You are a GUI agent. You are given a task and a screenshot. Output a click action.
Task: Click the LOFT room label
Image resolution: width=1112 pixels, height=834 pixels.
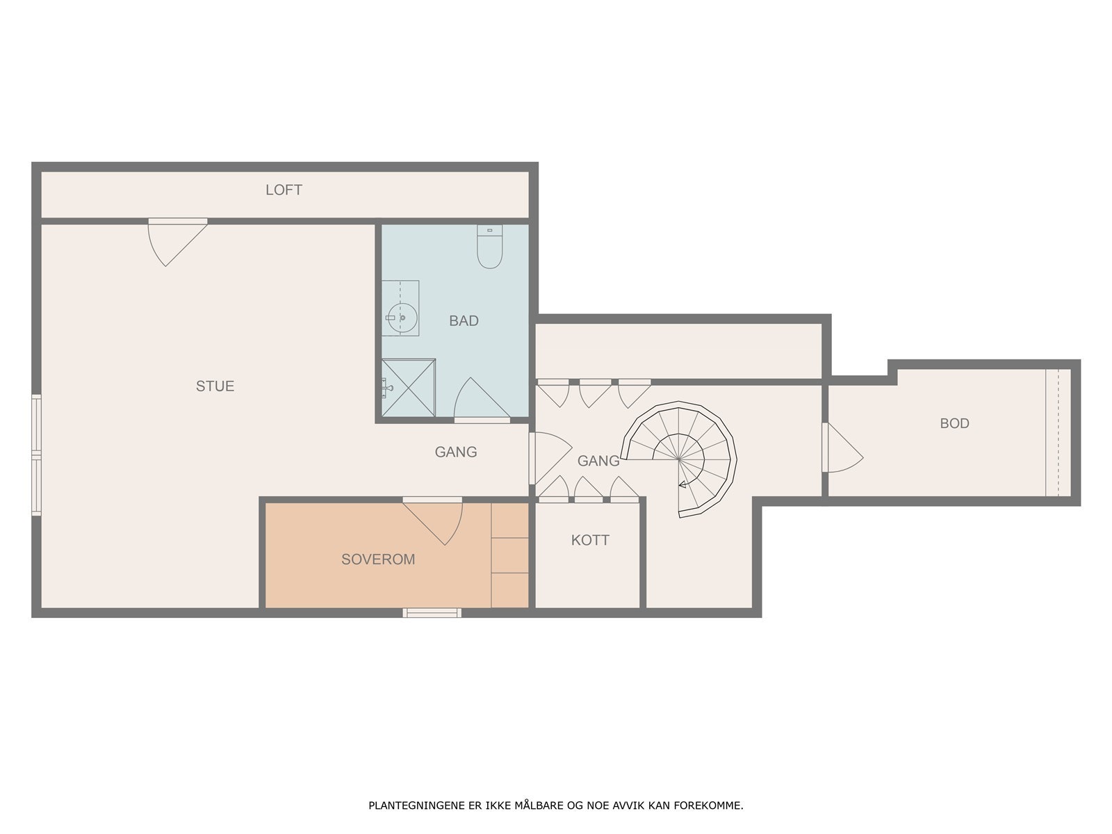(x=284, y=190)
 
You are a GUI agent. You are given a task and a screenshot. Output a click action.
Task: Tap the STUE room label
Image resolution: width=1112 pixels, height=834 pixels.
(x=215, y=386)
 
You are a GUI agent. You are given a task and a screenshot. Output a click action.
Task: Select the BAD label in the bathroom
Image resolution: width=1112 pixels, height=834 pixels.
(x=464, y=320)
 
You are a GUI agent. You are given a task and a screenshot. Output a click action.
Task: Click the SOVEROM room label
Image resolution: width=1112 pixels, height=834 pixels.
(x=377, y=559)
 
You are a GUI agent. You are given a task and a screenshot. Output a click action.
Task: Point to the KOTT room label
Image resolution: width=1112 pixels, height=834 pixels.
(x=590, y=540)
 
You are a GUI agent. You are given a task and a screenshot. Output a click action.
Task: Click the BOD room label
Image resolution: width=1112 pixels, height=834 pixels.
(x=954, y=423)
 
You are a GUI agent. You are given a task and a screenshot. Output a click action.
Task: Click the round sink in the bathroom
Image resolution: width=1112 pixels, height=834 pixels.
(x=401, y=318)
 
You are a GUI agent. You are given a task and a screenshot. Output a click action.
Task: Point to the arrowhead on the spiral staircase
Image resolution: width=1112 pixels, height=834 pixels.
(x=683, y=484)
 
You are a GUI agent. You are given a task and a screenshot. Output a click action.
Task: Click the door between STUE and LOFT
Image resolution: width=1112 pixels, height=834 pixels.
(x=174, y=240)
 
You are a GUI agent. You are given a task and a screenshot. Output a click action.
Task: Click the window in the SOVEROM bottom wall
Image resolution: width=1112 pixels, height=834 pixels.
(x=432, y=612)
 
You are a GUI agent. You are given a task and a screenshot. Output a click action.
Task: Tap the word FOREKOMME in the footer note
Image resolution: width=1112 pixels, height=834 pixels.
(x=714, y=806)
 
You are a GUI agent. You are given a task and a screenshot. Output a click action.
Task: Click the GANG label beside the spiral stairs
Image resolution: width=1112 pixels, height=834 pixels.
(x=598, y=460)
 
